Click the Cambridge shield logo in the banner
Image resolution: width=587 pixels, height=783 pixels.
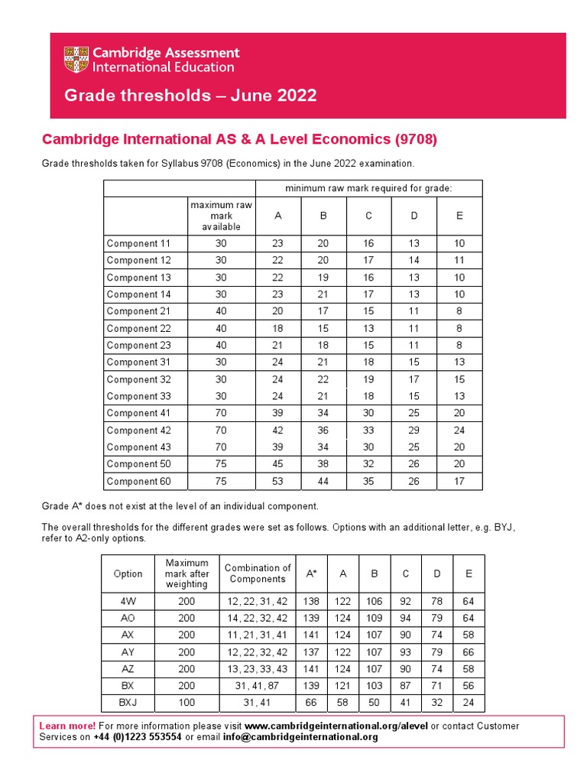(76, 60)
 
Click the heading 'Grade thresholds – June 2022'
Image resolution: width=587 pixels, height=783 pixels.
(190, 96)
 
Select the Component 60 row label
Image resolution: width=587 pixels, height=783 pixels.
(138, 482)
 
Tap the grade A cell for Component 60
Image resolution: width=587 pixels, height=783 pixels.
(277, 482)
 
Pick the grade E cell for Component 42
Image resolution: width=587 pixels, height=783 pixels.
(459, 430)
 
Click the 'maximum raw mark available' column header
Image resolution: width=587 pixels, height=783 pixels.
(221, 216)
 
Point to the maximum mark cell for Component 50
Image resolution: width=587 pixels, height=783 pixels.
(221, 464)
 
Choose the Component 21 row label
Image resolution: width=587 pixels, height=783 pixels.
(138, 311)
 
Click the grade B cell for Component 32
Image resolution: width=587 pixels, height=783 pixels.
(323, 379)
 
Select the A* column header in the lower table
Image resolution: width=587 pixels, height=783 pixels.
(311, 573)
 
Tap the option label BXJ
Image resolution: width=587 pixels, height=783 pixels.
(128, 702)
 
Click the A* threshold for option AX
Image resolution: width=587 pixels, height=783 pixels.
(311, 635)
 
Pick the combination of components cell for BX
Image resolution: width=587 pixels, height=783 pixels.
(257, 686)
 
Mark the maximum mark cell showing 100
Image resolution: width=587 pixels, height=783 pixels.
(186, 702)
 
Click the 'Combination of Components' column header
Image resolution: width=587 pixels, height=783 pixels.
(257, 573)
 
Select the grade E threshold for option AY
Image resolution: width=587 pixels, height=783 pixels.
(469, 652)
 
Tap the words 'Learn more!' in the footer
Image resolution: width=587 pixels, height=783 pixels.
(67, 726)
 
